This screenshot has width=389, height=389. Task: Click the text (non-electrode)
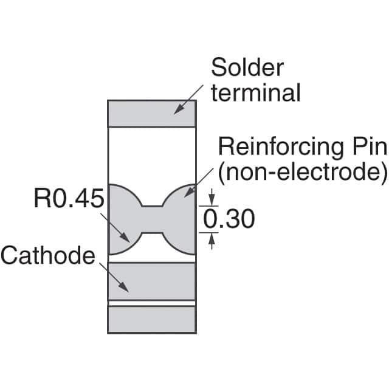pos(301,172)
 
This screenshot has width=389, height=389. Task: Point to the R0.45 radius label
pos(69,199)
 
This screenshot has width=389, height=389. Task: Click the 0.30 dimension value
pos(228,219)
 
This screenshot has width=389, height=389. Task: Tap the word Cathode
pos(47,255)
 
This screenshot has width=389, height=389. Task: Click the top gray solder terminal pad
pos(151,113)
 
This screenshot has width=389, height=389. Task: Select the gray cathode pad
pos(151,281)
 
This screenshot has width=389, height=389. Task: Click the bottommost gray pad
pos(151,319)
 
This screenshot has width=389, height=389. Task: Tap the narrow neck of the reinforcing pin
pos(151,219)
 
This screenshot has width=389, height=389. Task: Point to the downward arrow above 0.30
pos(211,200)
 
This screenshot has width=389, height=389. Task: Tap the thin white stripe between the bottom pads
pos(151,303)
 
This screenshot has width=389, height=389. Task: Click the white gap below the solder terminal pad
pos(151,155)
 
